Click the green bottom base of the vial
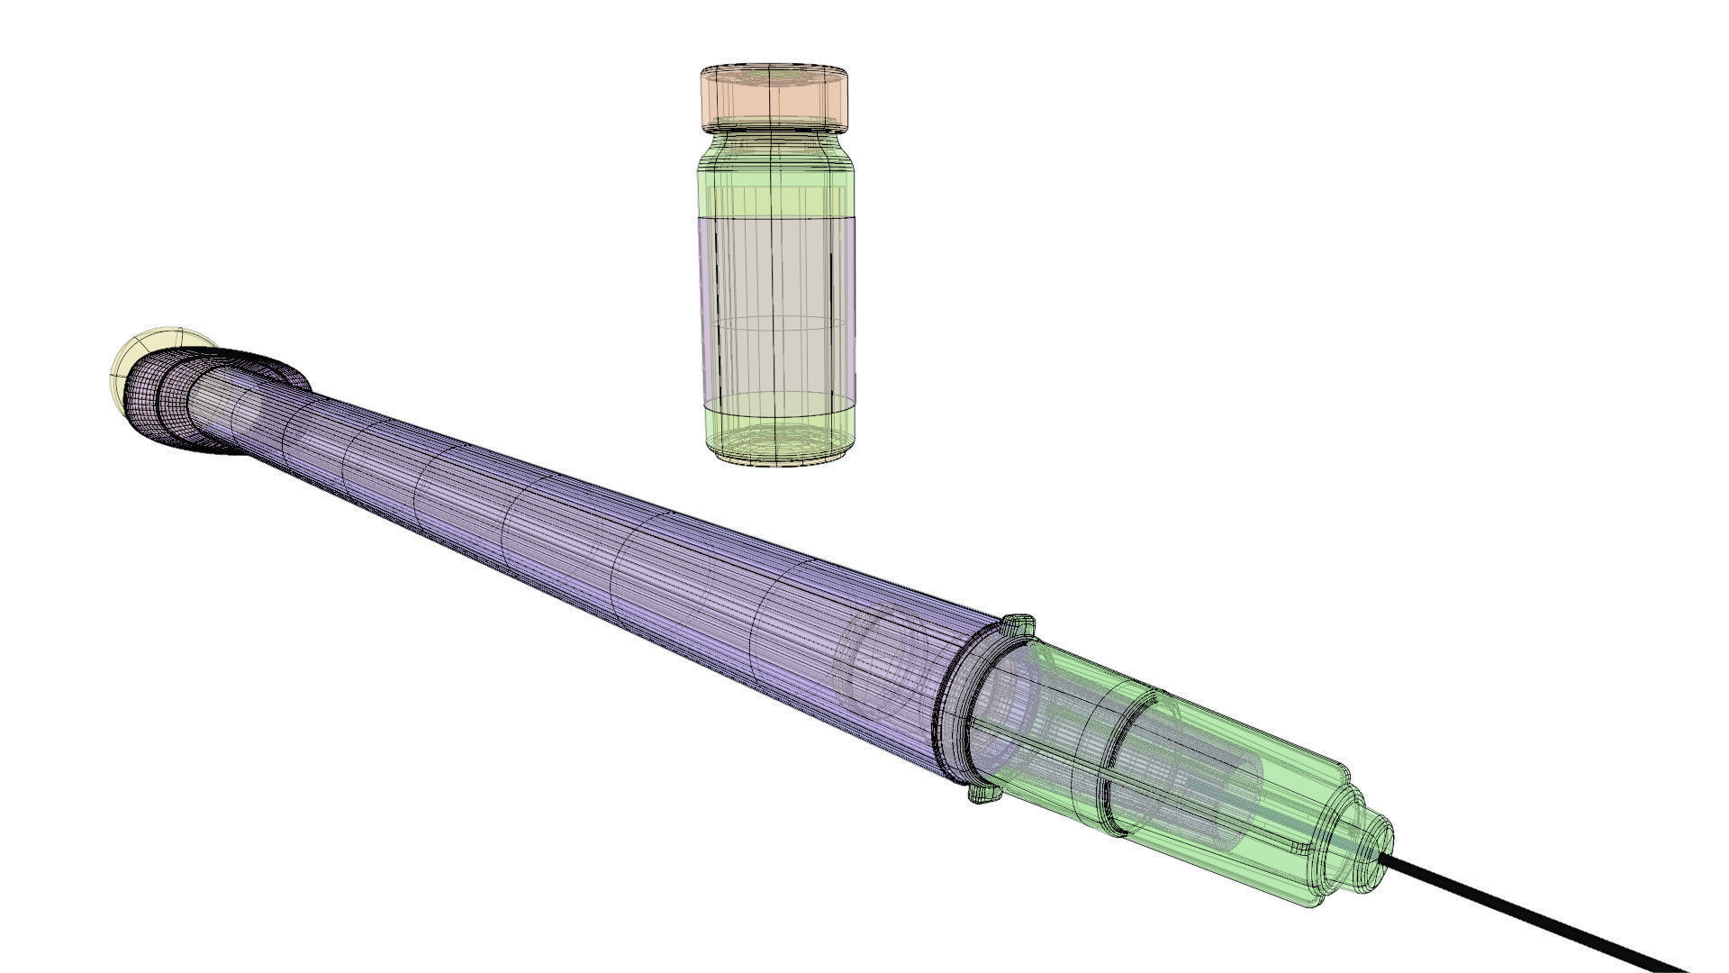775,432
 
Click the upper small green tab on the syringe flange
1020,623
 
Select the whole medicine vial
775,270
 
